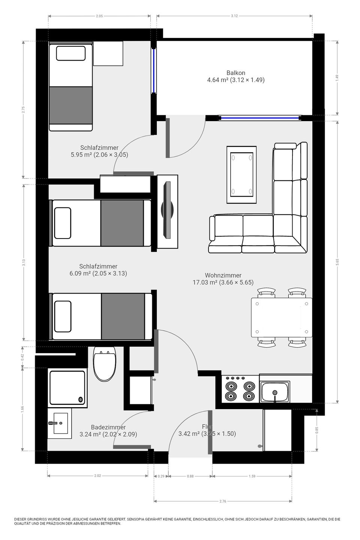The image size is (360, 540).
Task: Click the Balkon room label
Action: [x=235, y=73]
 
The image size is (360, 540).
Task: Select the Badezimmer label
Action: [x=108, y=427]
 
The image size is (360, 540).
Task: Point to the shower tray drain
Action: [x=80, y=399]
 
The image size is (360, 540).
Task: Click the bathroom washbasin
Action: [x=60, y=423]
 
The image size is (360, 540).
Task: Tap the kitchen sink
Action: [x=275, y=392]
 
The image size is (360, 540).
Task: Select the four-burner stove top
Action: [x=237, y=390]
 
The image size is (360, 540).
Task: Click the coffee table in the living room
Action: [x=241, y=175]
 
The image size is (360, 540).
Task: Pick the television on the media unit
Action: [x=167, y=210]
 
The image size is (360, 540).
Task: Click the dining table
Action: [x=281, y=317]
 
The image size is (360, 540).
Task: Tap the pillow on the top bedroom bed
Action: [x=70, y=53]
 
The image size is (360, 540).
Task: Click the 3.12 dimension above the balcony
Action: [x=234, y=16]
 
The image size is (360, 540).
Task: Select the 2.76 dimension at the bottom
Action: [x=222, y=501]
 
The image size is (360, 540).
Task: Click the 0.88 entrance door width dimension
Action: [x=190, y=476]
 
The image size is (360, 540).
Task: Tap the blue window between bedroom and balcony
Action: [x=153, y=71]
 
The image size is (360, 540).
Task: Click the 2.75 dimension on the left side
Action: [x=23, y=109]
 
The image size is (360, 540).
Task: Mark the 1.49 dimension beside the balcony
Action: [x=337, y=78]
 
